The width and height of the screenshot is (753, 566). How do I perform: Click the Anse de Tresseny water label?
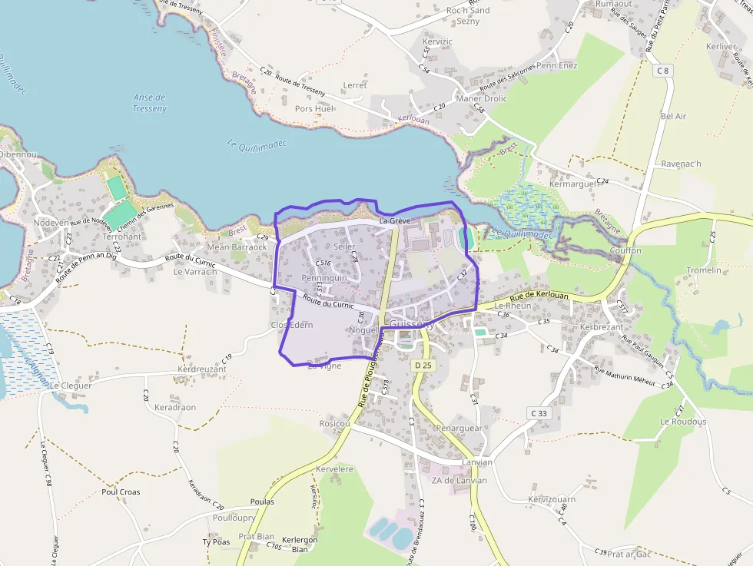[x=150, y=103]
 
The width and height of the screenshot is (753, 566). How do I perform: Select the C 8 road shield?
[x=663, y=71]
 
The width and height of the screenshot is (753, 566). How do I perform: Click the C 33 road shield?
[x=539, y=413]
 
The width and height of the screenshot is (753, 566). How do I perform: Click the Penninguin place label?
[x=325, y=278]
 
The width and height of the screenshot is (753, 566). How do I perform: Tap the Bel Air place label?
[x=673, y=116]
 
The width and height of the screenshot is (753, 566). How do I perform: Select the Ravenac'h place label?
[x=682, y=164]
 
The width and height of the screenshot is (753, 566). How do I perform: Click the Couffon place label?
[x=625, y=250]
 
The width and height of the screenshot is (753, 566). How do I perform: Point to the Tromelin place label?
[x=704, y=270]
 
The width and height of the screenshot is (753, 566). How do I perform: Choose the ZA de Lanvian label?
[x=459, y=481]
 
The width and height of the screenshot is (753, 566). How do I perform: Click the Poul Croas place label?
[x=121, y=492]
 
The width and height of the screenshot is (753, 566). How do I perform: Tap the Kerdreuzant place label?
[x=202, y=369]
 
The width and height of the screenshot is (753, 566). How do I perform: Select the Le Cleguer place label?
[x=71, y=386]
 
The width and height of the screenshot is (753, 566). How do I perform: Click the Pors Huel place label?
[x=314, y=109]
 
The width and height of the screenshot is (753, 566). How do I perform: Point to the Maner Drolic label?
[x=482, y=98]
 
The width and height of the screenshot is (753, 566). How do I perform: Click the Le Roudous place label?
[x=682, y=422]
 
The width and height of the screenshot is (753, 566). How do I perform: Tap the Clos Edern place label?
[x=292, y=325]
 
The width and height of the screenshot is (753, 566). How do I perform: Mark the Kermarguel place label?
[x=572, y=184]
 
